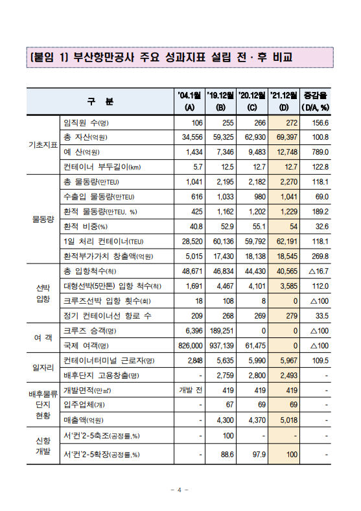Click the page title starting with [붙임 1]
(x=161, y=57)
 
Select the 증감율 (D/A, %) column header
(x=316, y=101)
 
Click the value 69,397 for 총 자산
(x=285, y=137)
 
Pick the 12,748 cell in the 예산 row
(x=285, y=152)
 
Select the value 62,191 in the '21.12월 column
(x=285, y=241)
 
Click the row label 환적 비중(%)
(x=85, y=226)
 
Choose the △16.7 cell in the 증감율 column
(x=317, y=271)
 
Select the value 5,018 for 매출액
(x=286, y=420)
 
